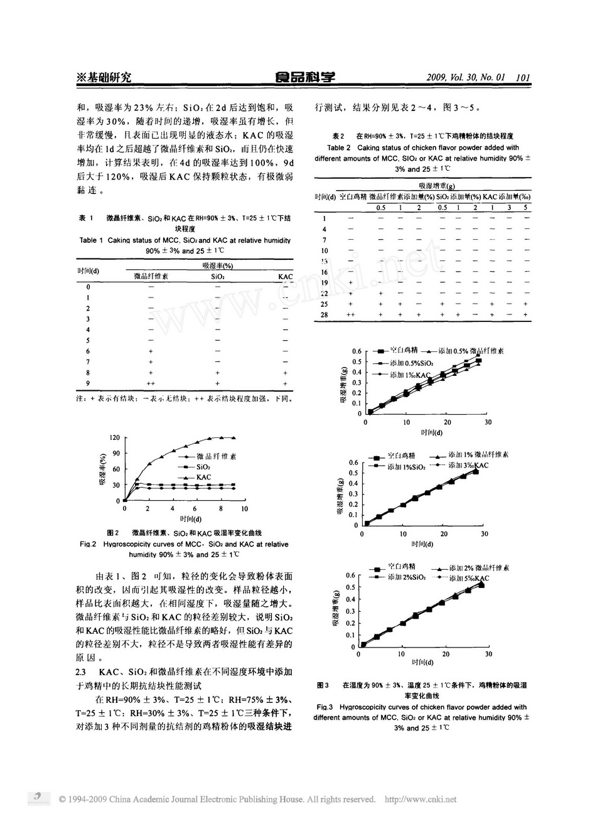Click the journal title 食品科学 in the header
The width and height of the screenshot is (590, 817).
[305, 77]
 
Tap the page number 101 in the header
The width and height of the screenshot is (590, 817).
[523, 78]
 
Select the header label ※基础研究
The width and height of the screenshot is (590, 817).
[103, 77]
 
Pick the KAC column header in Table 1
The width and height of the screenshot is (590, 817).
[286, 276]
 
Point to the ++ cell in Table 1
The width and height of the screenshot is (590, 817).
[151, 383]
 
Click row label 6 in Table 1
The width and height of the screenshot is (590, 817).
[88, 351]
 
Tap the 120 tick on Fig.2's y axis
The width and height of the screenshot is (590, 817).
[114, 437]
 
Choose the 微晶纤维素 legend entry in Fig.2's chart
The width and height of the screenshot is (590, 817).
[217, 456]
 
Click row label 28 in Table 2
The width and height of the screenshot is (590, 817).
[324, 314]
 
